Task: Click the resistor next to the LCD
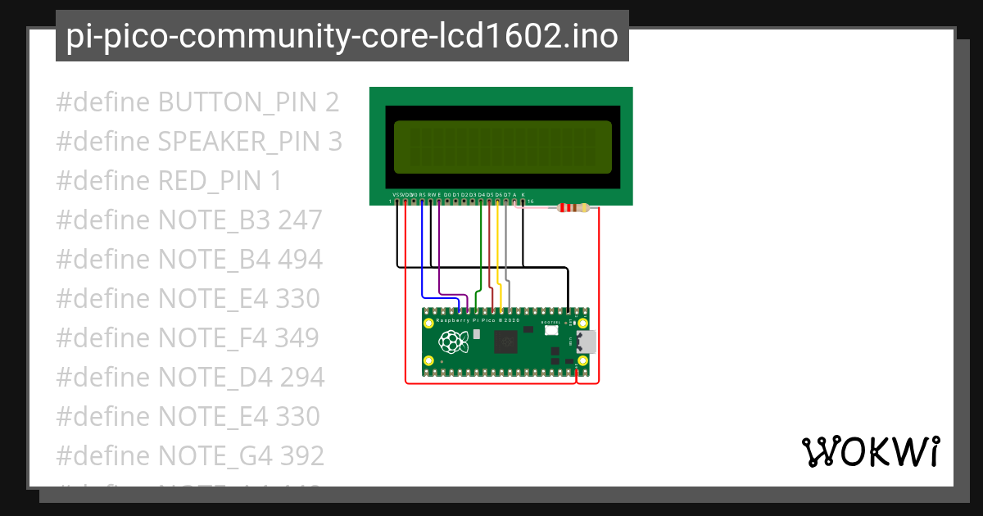point(573,208)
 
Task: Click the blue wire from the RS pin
point(422,254)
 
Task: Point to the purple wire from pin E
point(440,254)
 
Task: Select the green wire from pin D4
point(480,246)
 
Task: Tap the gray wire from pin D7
point(507,246)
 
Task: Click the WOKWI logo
point(870,451)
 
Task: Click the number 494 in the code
point(300,260)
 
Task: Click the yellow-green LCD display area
point(503,147)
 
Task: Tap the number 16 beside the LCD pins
point(531,201)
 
